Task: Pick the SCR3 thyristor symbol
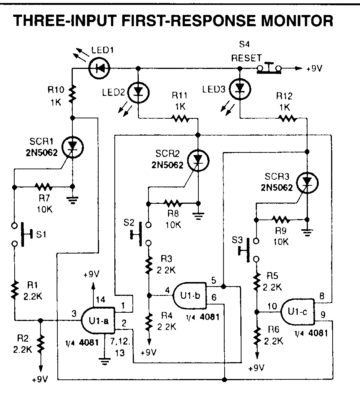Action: coord(307,182)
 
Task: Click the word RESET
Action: coord(246,58)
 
